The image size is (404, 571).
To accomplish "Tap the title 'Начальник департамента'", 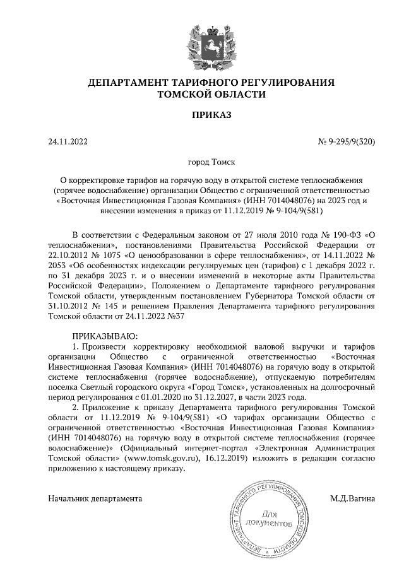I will pyautogui.click(x=95, y=498).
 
